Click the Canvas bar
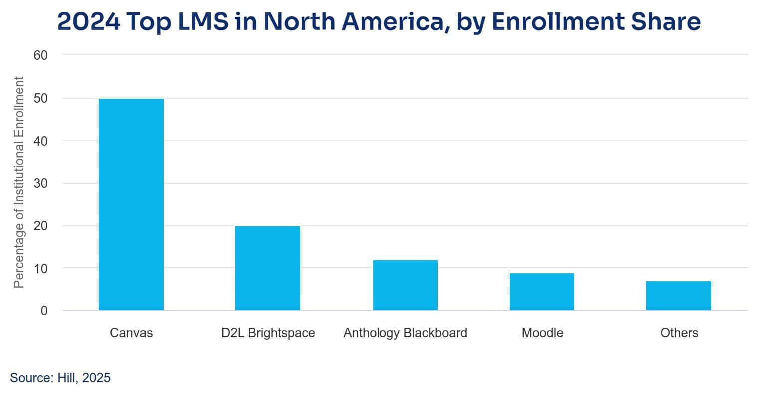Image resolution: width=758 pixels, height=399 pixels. tap(131, 204)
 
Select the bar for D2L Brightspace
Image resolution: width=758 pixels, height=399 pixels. tap(268, 268)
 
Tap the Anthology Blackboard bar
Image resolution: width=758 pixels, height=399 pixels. tap(405, 285)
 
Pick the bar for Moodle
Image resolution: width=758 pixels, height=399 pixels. tap(542, 292)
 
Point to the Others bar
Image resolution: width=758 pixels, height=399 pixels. tap(678, 296)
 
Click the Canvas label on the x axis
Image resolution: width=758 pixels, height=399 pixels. tap(131, 333)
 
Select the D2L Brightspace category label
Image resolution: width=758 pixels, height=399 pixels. tap(268, 333)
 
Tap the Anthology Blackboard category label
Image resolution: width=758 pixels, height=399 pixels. tap(405, 333)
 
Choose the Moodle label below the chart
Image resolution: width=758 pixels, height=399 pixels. tap(542, 333)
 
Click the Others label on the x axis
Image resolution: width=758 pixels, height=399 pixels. tap(679, 333)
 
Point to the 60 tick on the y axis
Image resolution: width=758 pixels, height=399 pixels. tap(40, 55)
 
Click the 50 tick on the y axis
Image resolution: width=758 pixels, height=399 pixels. tap(40, 98)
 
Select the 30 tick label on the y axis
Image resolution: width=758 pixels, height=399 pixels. tap(40, 183)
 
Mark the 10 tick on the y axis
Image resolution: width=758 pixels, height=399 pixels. tap(40, 268)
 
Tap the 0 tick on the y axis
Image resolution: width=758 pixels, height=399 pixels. tap(44, 311)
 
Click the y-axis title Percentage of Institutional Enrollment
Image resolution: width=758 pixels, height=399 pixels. tap(19, 183)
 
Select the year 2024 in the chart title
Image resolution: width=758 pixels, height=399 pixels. tap(89, 22)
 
